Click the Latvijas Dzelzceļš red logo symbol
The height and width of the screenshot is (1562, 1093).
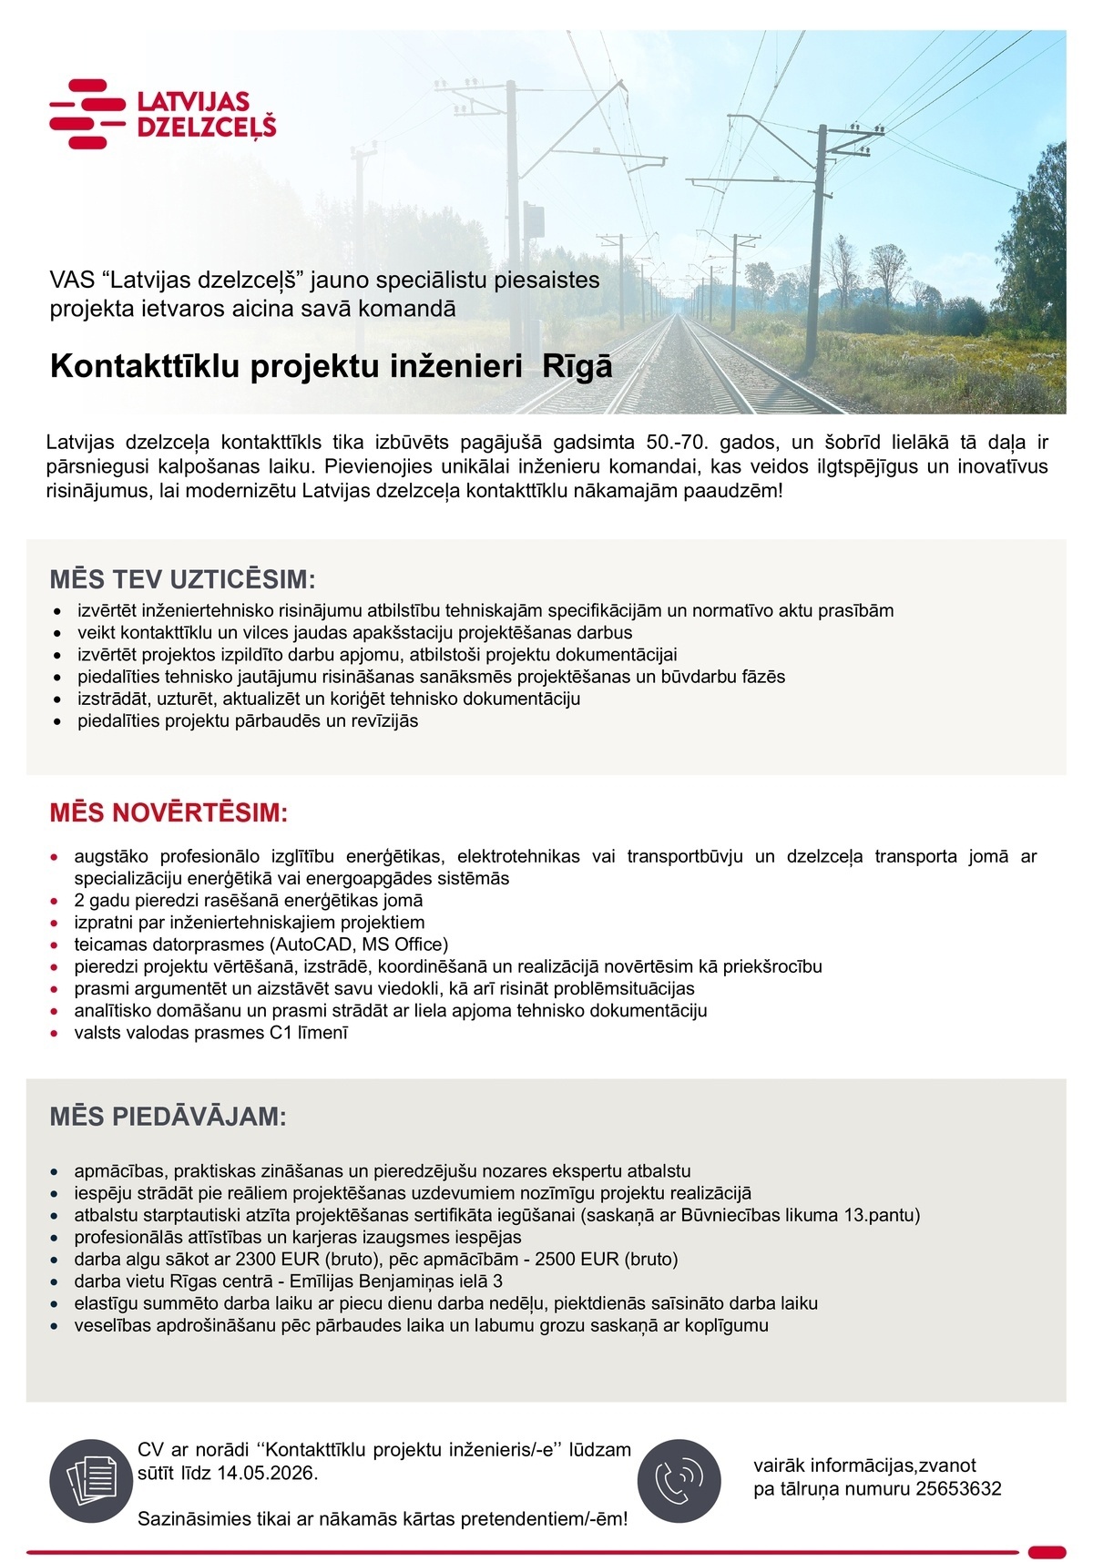click(87, 114)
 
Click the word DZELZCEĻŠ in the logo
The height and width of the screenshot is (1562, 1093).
click(206, 128)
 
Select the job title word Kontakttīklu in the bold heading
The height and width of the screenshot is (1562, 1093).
click(146, 366)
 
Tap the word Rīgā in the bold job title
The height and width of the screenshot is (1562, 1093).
click(577, 366)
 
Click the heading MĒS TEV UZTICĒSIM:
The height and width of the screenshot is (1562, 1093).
click(182, 580)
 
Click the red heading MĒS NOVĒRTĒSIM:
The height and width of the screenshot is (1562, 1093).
click(169, 812)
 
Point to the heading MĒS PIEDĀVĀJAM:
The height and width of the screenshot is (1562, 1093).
click(169, 1117)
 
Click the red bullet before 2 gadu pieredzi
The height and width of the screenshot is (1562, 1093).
click(55, 901)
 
